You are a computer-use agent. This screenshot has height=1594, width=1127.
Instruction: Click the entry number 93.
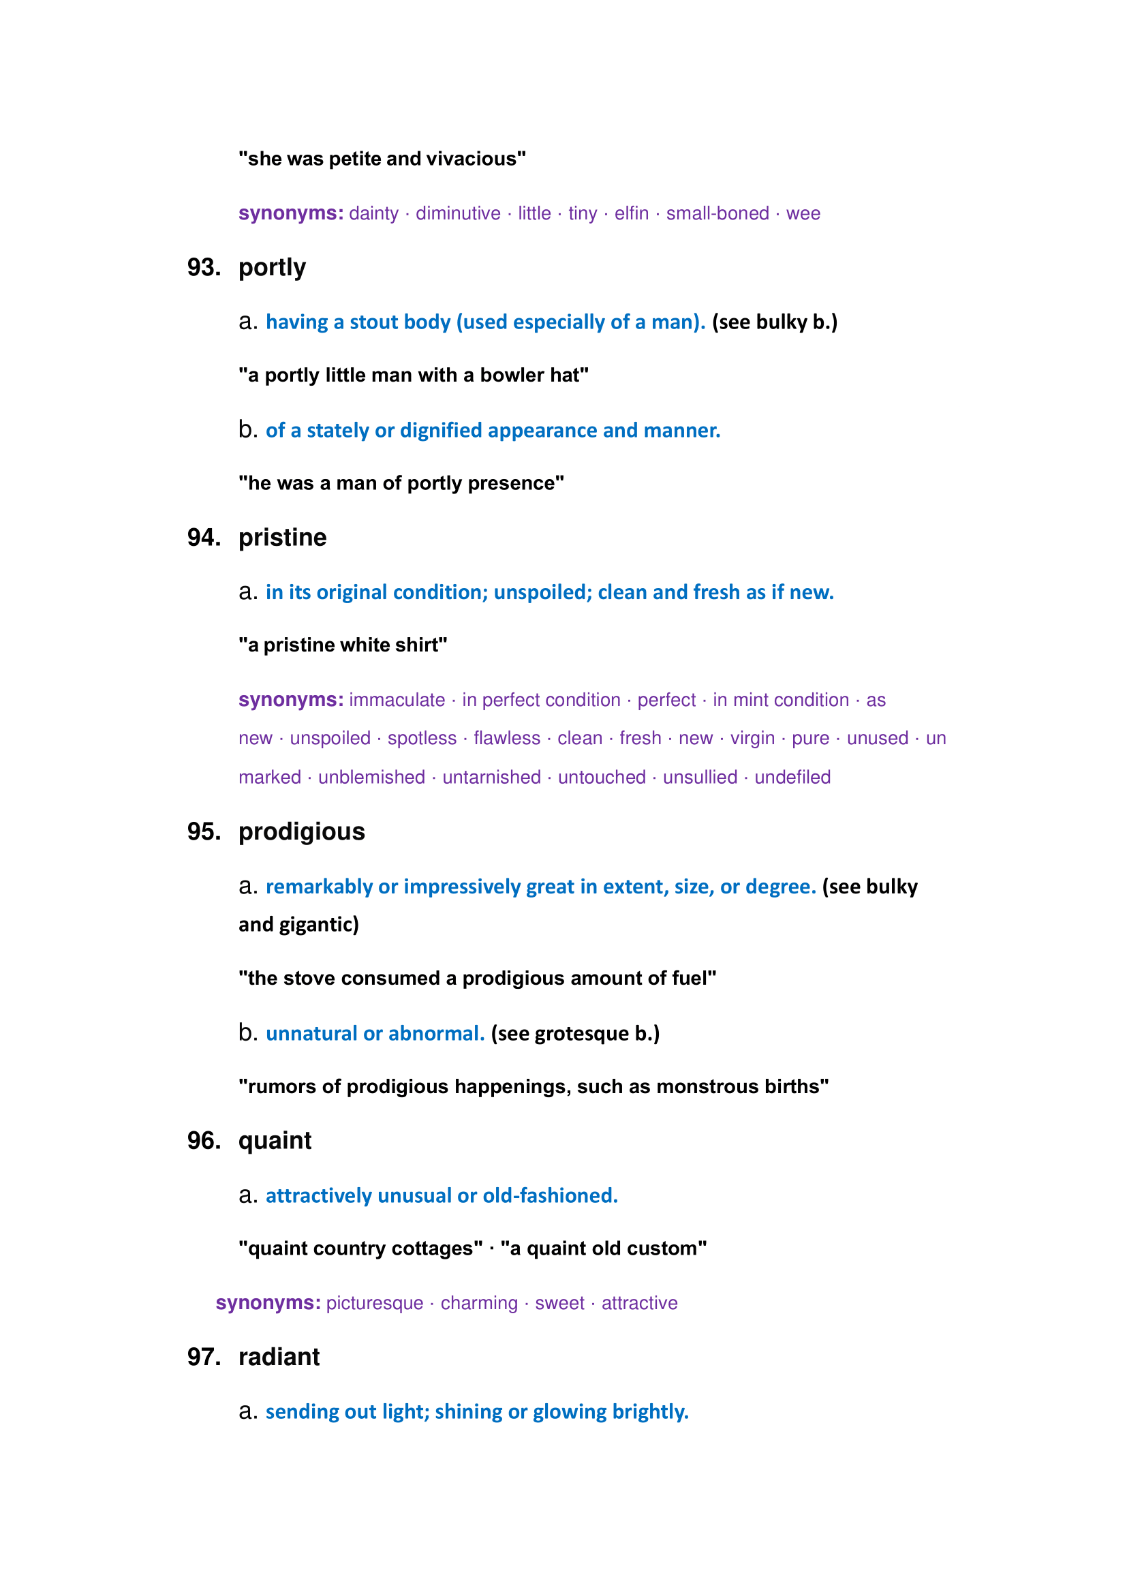pos(204,268)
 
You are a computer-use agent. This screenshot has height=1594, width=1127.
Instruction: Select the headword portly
pos(272,268)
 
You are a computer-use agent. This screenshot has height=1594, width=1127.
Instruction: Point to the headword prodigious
pos(301,831)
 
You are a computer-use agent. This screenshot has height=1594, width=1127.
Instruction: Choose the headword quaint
pos(275,1141)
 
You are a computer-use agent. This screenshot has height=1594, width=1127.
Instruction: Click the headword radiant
pos(279,1358)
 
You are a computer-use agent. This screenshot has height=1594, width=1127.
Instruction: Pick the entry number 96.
pos(204,1141)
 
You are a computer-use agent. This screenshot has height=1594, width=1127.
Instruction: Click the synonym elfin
pos(632,214)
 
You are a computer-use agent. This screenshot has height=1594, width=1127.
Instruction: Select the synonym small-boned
pos(717,214)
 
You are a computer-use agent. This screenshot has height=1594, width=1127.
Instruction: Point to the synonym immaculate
pos(397,701)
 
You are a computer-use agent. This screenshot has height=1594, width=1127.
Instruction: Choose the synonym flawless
pos(506,739)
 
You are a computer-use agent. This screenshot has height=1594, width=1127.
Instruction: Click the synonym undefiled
pos(792,778)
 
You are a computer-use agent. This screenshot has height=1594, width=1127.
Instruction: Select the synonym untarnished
pos(491,778)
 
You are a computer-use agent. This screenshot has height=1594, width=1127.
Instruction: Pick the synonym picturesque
pos(375,1304)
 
